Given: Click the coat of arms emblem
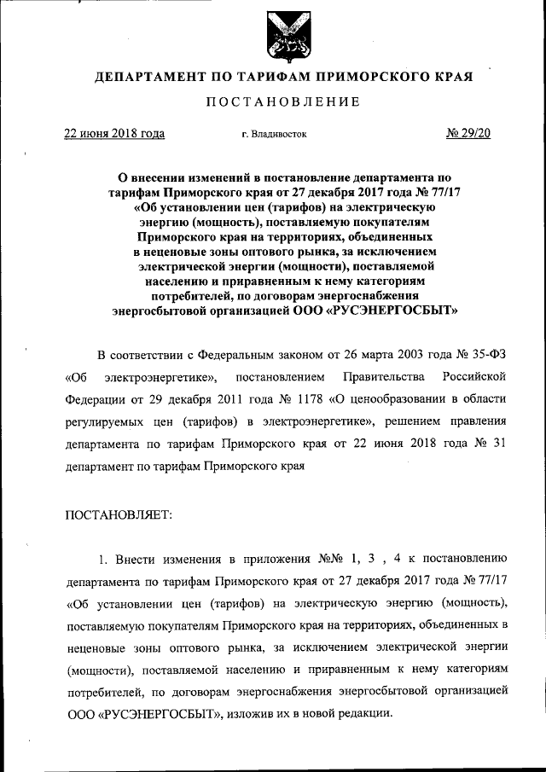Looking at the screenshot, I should point(283,37).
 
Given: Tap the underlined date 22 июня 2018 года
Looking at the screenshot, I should point(115,133).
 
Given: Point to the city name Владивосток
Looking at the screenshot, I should point(279,134).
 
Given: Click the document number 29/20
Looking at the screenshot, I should point(470,133).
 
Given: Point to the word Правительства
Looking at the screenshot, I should point(380,376).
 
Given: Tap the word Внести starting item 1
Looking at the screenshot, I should point(135,560).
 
